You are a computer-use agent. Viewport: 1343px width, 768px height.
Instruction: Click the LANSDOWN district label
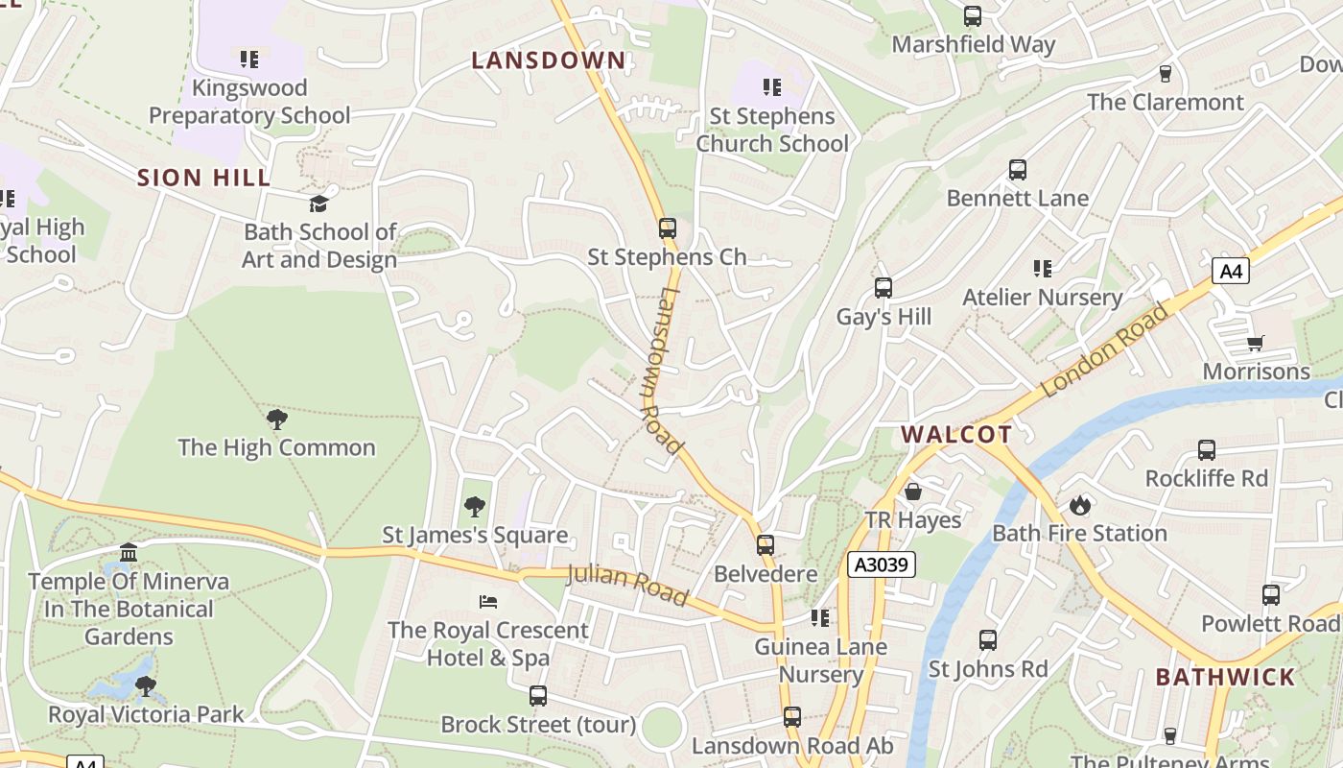[x=549, y=60]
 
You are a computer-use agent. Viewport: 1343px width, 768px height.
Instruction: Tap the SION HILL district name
[x=203, y=178]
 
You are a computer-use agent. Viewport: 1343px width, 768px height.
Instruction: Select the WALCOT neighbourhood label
[x=956, y=434]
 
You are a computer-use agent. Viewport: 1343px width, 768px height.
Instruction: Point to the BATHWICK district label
[x=1225, y=677]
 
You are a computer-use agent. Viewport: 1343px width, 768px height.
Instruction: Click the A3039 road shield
[x=882, y=564]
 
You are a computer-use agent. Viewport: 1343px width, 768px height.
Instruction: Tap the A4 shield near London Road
[x=1231, y=272]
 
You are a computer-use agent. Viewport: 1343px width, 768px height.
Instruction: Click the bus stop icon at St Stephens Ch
[x=668, y=228]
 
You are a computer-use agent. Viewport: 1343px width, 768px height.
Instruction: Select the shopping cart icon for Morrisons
[x=1256, y=344]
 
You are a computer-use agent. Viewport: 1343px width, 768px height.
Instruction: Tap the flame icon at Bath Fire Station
[x=1080, y=505]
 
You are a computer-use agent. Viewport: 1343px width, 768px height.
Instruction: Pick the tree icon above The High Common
[x=277, y=420]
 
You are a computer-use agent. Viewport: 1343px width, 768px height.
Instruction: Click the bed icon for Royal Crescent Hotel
[x=488, y=602]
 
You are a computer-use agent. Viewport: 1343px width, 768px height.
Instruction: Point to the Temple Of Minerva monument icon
[x=129, y=553]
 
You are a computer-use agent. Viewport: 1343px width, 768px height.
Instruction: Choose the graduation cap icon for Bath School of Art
[x=318, y=204]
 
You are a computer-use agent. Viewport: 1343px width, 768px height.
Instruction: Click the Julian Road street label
[x=627, y=586]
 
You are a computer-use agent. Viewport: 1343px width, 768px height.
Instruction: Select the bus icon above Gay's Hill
[x=884, y=288]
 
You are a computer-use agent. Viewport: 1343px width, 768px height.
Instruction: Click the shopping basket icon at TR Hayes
[x=913, y=492]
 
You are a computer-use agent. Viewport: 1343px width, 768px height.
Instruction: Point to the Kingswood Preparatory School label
[x=249, y=102]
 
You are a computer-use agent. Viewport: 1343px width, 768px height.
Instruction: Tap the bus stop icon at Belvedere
[x=766, y=545]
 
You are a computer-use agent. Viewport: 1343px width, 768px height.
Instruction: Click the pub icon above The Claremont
[x=1166, y=74]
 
